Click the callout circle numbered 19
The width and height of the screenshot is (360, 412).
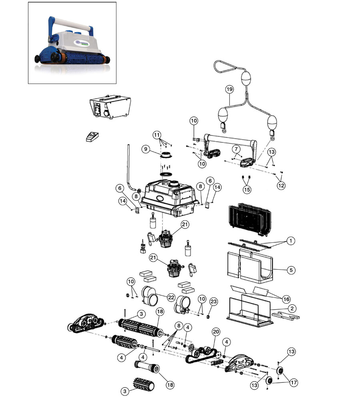(229, 89)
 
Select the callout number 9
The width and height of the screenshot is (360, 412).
(145, 149)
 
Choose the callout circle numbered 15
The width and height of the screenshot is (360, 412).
(247, 189)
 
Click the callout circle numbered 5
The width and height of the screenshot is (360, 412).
(291, 270)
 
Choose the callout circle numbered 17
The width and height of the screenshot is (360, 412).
(294, 383)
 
